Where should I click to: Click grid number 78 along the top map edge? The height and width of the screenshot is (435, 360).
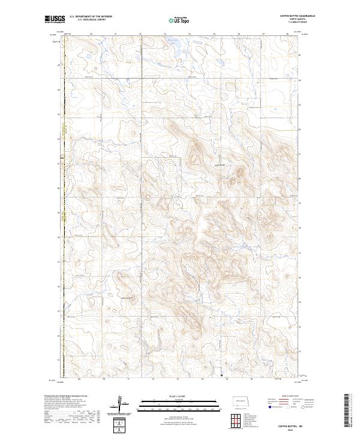point(287,35)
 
